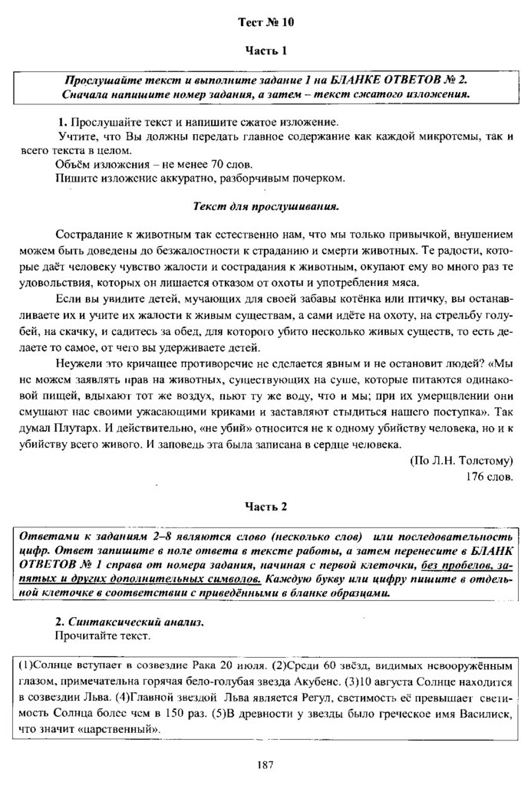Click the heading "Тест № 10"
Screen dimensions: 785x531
click(265, 22)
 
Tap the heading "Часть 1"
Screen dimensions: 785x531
click(265, 51)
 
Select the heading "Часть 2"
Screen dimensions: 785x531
click(265, 507)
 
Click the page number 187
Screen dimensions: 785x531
click(265, 764)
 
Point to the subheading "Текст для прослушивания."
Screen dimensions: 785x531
click(265, 207)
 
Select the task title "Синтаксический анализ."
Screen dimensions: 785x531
click(135, 623)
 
